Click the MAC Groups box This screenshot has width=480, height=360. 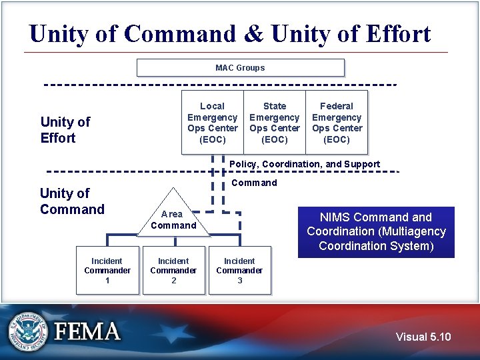coord(240,68)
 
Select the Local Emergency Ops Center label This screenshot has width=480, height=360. coord(213,123)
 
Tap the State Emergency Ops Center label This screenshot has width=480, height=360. coord(275,123)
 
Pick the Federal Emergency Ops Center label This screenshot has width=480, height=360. coord(337,123)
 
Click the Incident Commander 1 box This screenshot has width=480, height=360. coord(107,271)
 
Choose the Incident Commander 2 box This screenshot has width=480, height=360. coord(173,271)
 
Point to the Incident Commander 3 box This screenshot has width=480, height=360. coord(239,271)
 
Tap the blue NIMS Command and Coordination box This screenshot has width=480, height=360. coord(376,232)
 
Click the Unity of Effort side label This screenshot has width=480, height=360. coord(65,130)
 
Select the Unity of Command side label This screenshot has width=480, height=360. coord(72,201)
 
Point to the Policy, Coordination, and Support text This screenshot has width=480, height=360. coord(305,164)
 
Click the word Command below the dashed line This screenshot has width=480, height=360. coord(254,183)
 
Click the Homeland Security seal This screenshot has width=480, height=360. coord(29,331)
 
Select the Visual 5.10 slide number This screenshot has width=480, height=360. coord(423,337)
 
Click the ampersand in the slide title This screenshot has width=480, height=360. coord(254,34)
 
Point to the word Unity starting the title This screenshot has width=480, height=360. coord(59,34)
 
